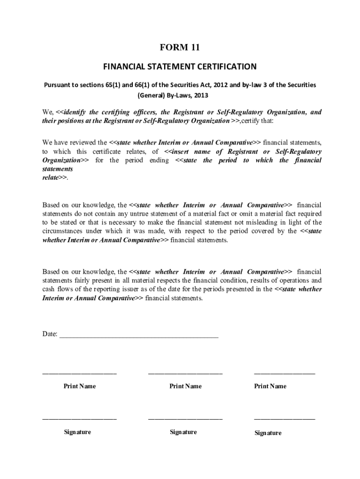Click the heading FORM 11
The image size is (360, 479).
click(x=180, y=47)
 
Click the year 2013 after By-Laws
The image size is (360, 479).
click(x=200, y=95)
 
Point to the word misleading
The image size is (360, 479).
click(x=266, y=223)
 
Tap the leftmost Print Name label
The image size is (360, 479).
click(x=80, y=386)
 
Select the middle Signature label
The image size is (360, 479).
click(x=183, y=432)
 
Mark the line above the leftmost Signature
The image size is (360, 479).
click(x=79, y=419)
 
